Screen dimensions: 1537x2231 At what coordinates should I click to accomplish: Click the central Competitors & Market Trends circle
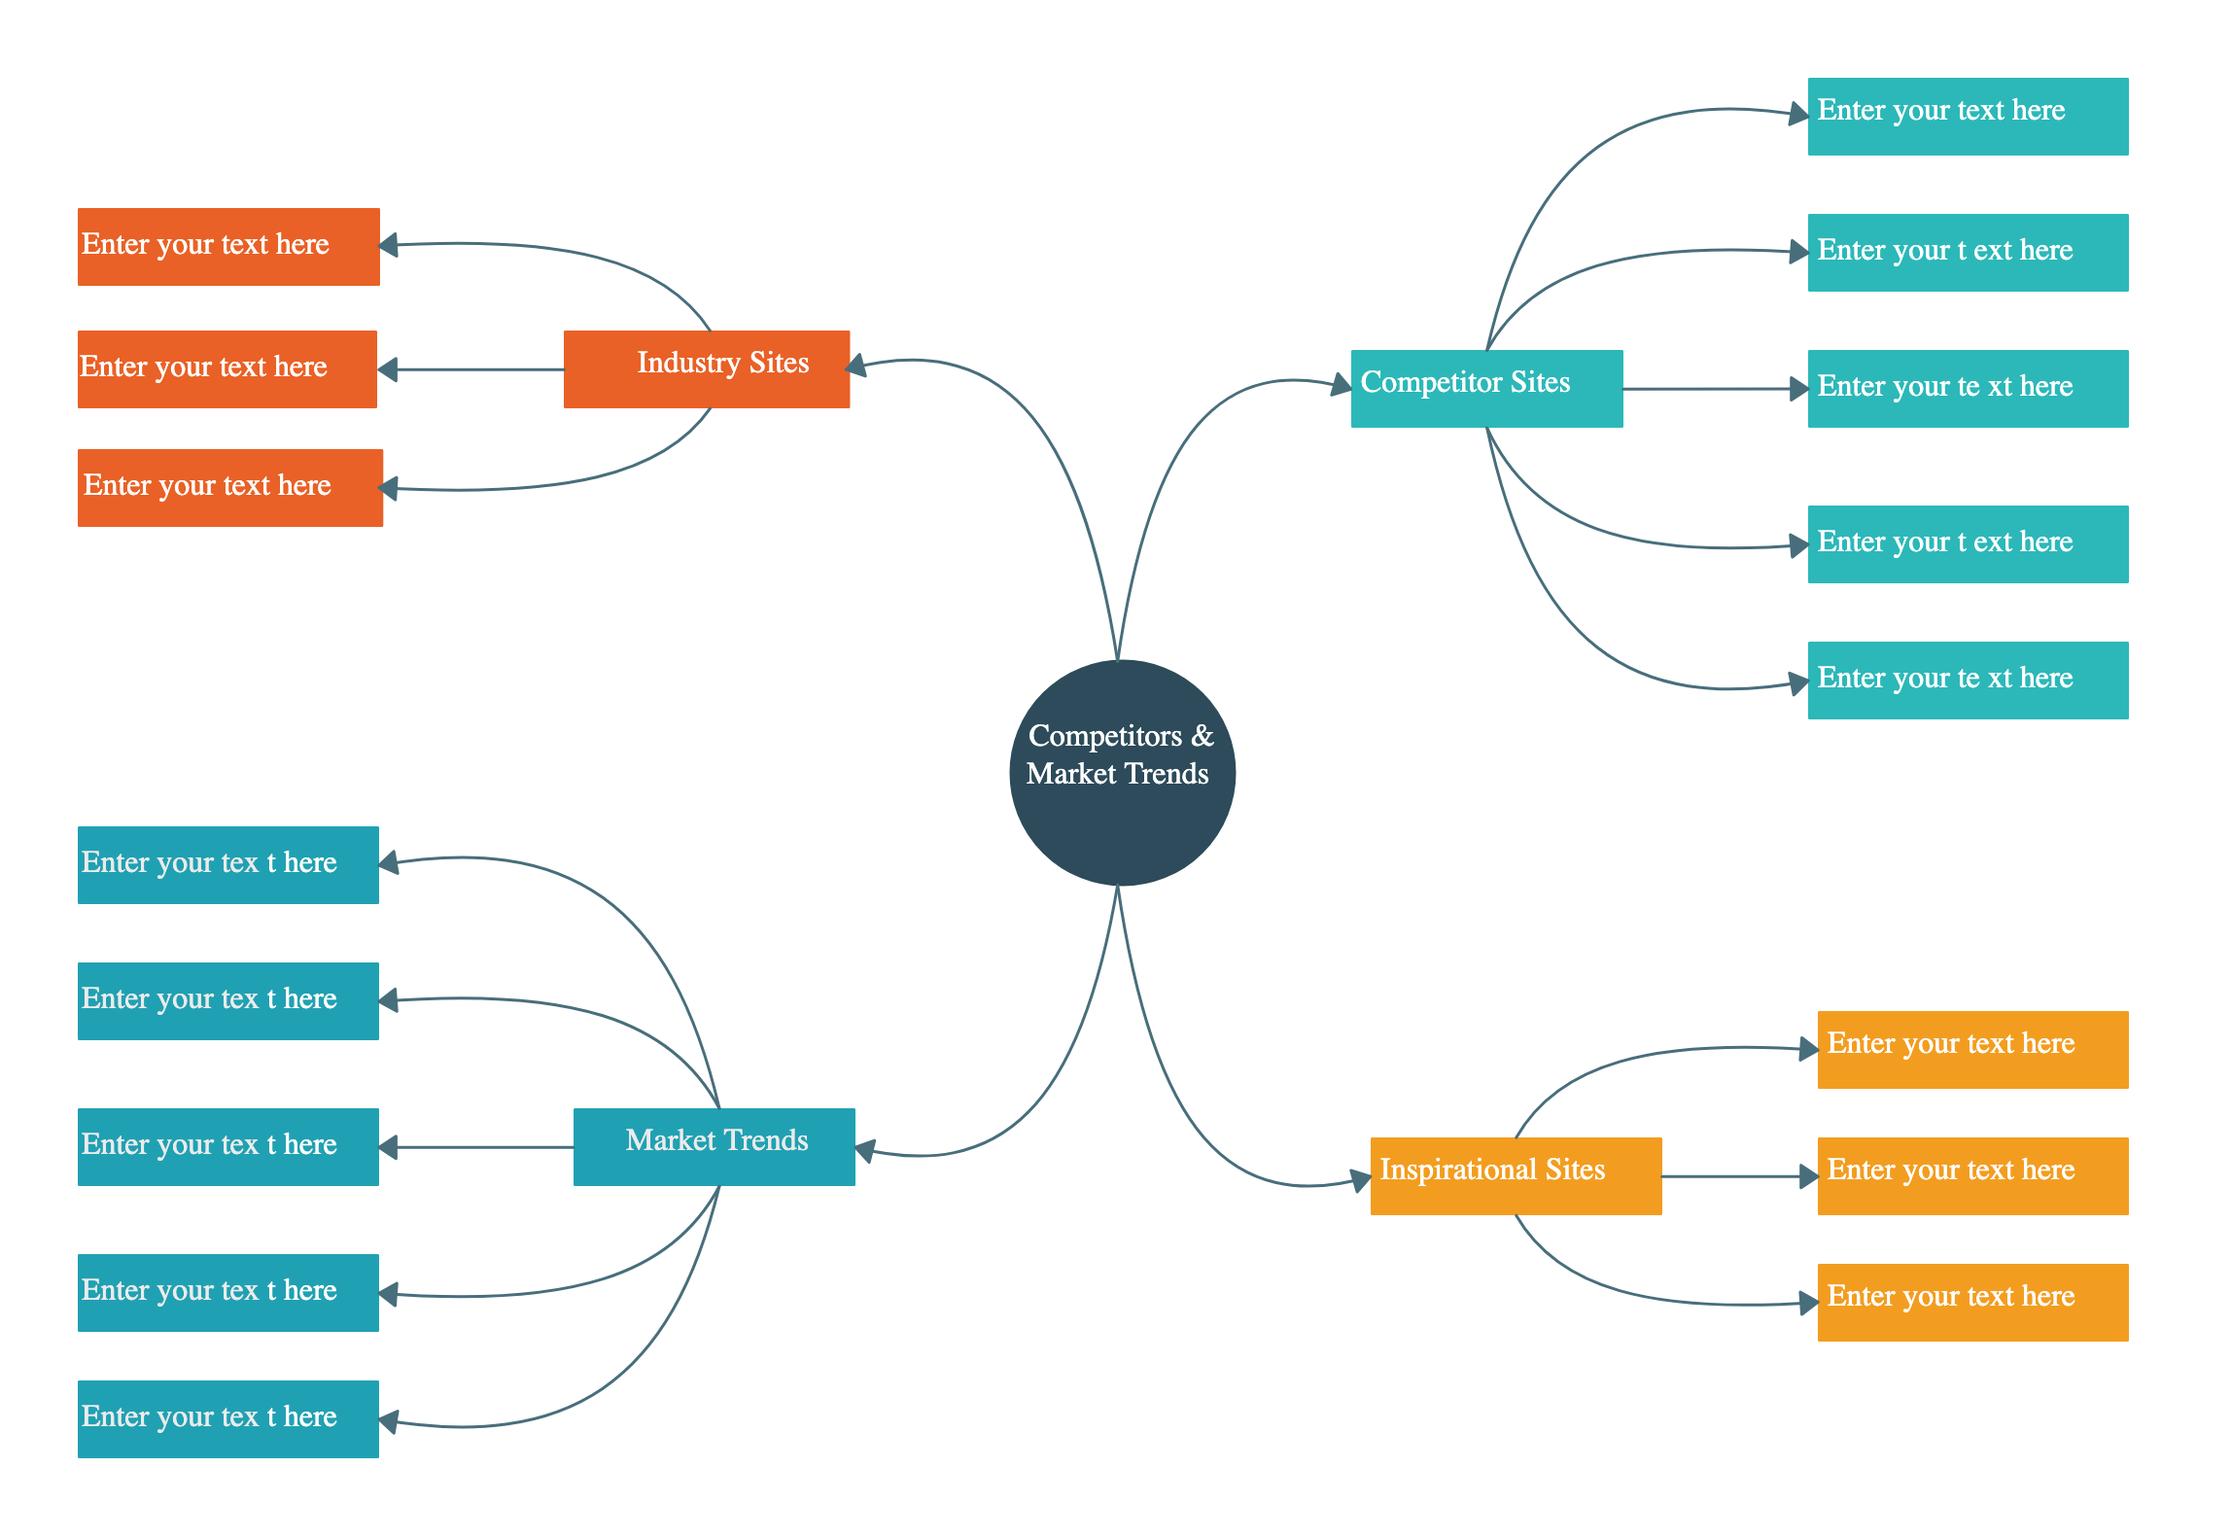(1122, 773)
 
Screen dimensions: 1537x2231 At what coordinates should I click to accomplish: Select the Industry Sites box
(707, 369)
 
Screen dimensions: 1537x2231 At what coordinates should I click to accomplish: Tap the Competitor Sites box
(1486, 388)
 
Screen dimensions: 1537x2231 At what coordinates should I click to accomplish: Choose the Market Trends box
(715, 1147)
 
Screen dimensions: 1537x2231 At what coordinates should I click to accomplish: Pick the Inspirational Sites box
(1516, 1175)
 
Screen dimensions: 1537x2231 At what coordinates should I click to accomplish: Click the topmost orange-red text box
(228, 247)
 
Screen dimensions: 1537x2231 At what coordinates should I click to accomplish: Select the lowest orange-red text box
(230, 488)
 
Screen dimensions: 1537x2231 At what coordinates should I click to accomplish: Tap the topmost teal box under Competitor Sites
(1968, 117)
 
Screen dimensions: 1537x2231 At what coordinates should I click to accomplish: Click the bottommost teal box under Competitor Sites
(1968, 681)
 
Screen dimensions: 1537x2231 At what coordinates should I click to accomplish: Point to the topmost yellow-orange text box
(1972, 1050)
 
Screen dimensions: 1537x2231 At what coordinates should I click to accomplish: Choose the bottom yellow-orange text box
(1972, 1303)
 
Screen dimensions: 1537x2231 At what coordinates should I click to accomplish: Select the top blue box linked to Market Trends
(228, 865)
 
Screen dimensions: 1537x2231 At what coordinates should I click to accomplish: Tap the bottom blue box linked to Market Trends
(228, 1419)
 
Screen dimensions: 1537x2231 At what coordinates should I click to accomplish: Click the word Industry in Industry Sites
(688, 363)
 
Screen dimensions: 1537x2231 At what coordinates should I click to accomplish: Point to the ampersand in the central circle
(1203, 736)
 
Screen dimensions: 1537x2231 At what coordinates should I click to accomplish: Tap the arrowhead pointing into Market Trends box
(865, 1151)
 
